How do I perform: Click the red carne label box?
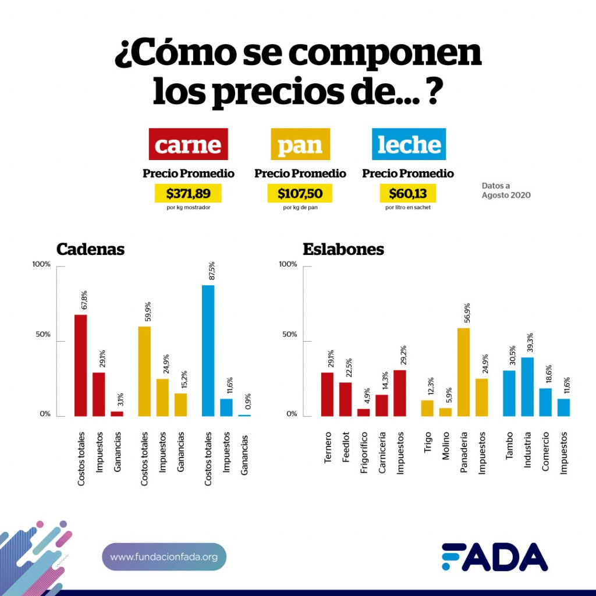pyautogui.click(x=189, y=144)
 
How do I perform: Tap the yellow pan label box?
pyautogui.click(x=300, y=144)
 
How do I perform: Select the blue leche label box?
pyautogui.click(x=409, y=144)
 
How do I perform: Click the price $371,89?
pyautogui.click(x=188, y=193)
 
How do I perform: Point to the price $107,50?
pyautogui.click(x=300, y=193)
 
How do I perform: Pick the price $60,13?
pyautogui.click(x=408, y=193)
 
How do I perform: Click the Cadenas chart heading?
pyautogui.click(x=90, y=249)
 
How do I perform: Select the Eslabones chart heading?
pyautogui.click(x=343, y=249)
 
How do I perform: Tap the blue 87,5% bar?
pyautogui.click(x=208, y=350)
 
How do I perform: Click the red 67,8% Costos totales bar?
pyautogui.click(x=80, y=366)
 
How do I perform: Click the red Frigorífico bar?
pyautogui.click(x=363, y=412)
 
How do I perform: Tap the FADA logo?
pyautogui.click(x=494, y=557)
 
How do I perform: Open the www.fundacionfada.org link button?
pyautogui.click(x=164, y=557)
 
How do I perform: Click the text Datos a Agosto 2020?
pyautogui.click(x=506, y=190)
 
